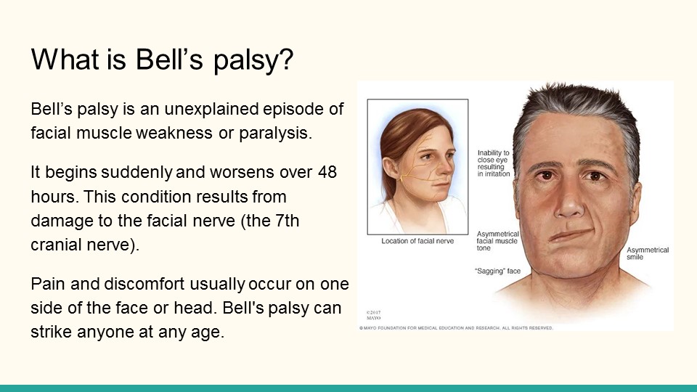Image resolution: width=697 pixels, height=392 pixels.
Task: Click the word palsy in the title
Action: click(x=253, y=60)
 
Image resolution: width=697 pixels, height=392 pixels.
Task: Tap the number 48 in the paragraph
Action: click(x=327, y=172)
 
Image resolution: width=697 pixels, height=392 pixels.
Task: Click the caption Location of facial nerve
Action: click(x=417, y=241)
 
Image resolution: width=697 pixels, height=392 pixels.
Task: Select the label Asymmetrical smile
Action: click(x=647, y=253)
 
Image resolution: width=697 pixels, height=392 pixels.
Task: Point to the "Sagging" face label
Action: click(x=497, y=271)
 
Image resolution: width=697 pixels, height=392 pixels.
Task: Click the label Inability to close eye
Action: click(x=494, y=163)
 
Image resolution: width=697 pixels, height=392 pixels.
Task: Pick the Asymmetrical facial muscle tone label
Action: click(x=497, y=241)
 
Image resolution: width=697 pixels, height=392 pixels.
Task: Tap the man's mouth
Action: click(x=571, y=235)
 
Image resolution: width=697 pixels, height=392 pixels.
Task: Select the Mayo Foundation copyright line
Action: click(x=456, y=328)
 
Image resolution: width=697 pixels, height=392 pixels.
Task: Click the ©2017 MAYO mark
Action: click(x=373, y=315)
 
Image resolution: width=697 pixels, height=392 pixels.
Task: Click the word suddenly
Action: click(x=136, y=172)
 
